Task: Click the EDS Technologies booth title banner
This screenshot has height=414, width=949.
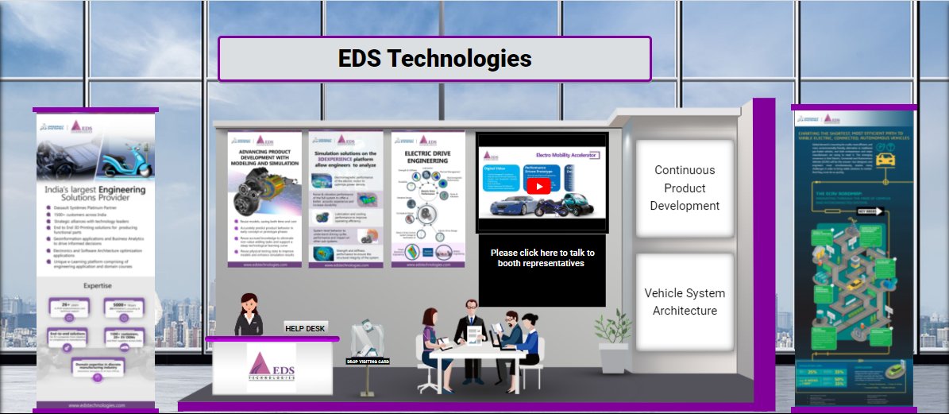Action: coord(434,59)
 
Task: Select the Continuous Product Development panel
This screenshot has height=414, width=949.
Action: coord(684,188)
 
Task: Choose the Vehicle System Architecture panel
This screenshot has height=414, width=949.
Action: coord(684,302)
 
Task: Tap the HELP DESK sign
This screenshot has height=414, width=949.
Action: coord(306,328)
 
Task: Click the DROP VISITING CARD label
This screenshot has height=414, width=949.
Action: coord(368,361)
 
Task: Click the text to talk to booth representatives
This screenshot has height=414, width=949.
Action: coord(542,257)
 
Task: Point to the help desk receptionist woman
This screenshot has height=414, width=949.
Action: coord(248,315)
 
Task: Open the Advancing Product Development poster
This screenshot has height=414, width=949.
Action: coord(264,199)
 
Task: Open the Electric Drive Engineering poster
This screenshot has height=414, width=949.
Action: coord(427,199)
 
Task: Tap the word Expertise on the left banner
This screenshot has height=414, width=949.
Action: coord(95,285)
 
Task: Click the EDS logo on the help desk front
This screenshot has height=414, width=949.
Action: coord(272,367)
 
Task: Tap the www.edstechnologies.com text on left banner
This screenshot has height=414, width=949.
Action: coord(95,404)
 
